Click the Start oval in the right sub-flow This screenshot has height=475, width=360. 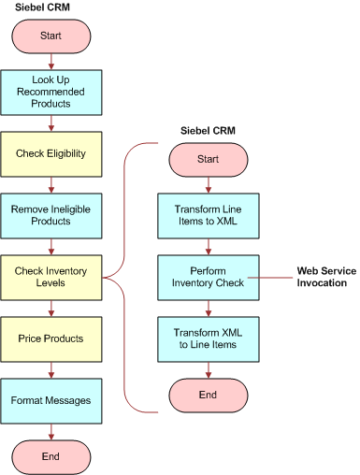(x=209, y=158)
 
